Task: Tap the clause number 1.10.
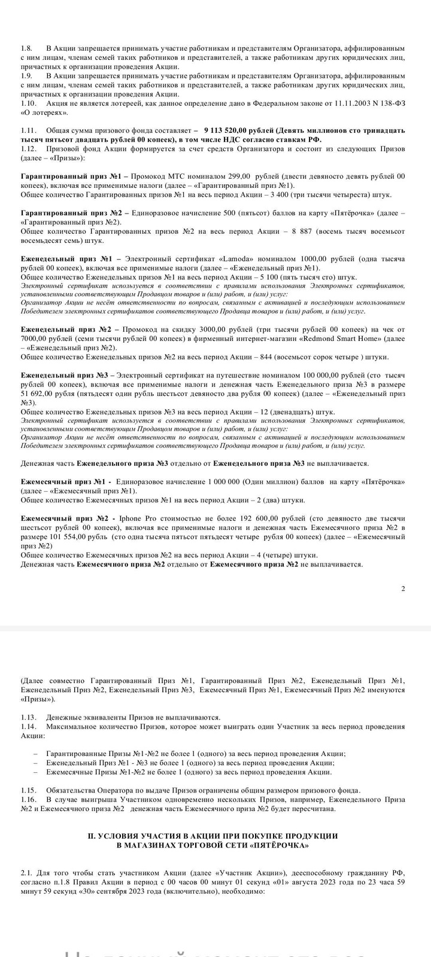pyautogui.click(x=29, y=103)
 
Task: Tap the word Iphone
pyautogui.click(x=132, y=517)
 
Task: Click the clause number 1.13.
pyautogui.click(x=29, y=717)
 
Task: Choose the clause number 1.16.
pyautogui.click(x=29, y=800)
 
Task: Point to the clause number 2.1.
pyautogui.click(x=26, y=873)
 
